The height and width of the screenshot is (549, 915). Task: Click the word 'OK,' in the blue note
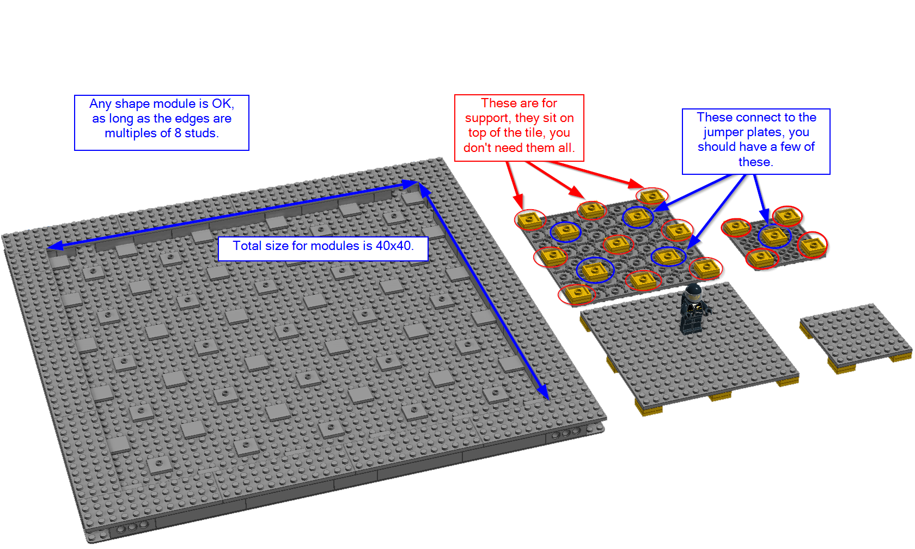(223, 103)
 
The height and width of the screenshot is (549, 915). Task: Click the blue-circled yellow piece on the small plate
(774, 236)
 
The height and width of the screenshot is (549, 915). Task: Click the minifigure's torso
(693, 308)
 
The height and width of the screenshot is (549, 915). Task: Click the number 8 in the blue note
(178, 133)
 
